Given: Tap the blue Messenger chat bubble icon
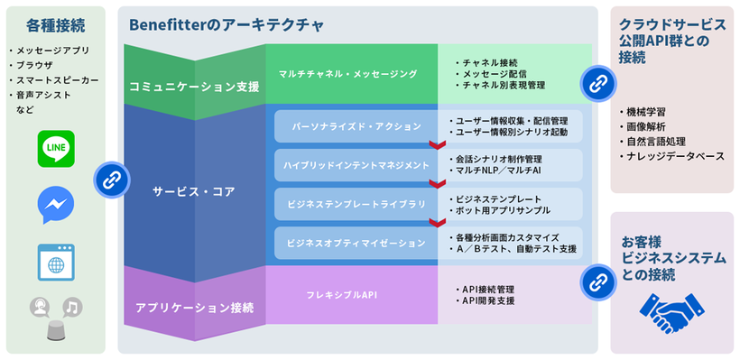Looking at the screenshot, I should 56,205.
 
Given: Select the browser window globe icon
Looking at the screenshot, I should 56,262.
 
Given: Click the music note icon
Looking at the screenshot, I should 72,308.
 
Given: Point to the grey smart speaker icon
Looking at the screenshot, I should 56,333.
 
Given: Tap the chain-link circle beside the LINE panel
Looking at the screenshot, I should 110,179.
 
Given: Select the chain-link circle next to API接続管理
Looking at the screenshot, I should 597,282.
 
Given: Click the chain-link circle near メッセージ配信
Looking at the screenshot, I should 597,82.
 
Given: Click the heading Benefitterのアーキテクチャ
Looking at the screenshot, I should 227,24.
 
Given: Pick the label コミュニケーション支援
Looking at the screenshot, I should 194,88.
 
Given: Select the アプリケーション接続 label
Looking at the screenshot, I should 194,308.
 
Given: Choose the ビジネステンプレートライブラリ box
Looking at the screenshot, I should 352,205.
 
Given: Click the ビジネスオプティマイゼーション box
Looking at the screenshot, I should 350,244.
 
